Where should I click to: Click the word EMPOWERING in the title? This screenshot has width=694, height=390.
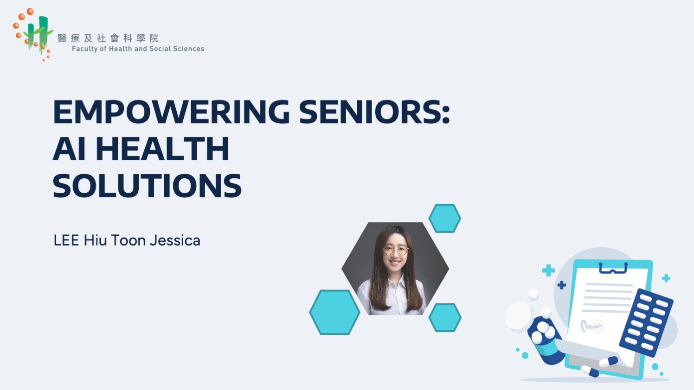click(171, 112)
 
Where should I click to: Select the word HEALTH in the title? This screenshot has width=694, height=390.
click(163, 149)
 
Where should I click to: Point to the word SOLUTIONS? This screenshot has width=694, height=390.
click(147, 186)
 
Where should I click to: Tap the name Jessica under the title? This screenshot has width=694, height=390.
click(175, 240)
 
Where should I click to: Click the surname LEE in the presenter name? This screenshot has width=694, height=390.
click(66, 240)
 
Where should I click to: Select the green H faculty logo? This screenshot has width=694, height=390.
click(37, 34)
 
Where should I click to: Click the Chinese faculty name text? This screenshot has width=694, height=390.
click(108, 38)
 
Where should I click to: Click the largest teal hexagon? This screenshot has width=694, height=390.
click(334, 312)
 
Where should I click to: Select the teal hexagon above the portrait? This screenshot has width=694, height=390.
click(444, 218)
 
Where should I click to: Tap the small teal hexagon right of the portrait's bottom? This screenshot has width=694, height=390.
click(445, 318)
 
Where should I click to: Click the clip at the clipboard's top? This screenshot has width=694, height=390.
click(613, 268)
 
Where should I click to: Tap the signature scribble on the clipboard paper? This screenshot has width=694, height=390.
click(591, 326)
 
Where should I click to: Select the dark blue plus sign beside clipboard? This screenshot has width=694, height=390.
click(562, 285)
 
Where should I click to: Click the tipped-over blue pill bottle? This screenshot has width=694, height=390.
click(547, 340)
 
